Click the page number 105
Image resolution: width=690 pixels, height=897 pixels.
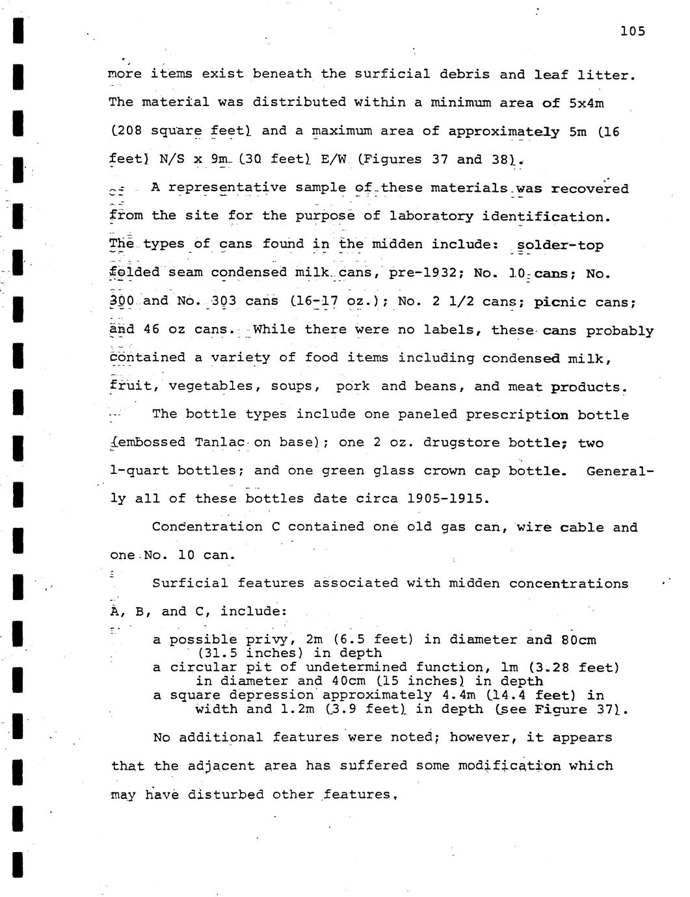[x=632, y=31]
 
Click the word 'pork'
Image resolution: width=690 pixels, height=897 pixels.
[x=352, y=387]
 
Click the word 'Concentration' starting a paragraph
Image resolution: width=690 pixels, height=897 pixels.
[x=207, y=527]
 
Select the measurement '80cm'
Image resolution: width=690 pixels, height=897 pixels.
[x=578, y=640]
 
